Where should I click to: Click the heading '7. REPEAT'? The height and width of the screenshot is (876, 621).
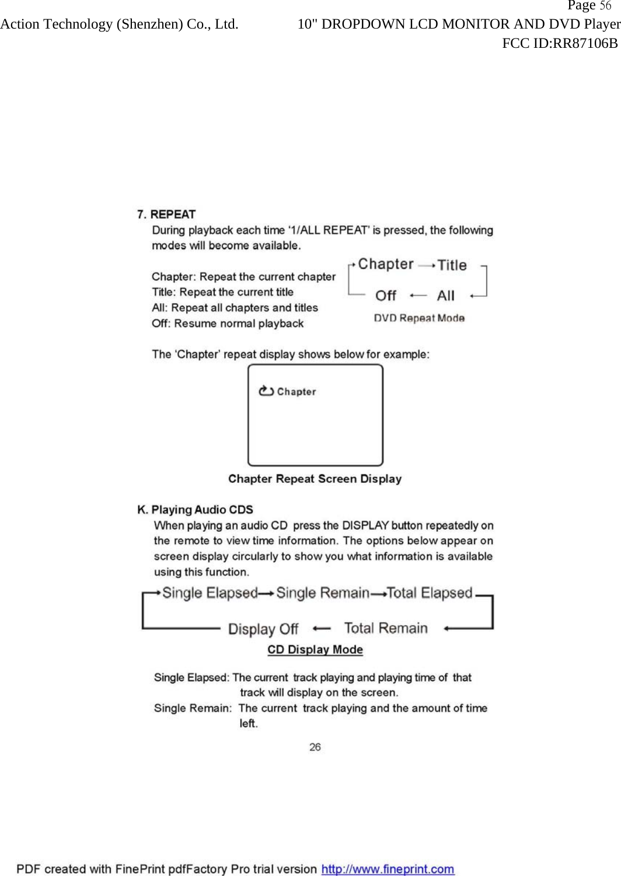pos(166,214)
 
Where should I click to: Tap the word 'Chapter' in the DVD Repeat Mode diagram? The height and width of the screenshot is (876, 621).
pos(386,264)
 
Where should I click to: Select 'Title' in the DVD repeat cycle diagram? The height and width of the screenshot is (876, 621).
pos(452,265)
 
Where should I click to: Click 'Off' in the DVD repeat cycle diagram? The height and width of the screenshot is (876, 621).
pos(386,296)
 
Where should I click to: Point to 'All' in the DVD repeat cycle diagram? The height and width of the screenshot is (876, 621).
pos(446,296)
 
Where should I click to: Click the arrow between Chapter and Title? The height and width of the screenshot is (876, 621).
pos(427,265)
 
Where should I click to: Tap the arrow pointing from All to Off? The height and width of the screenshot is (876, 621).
pos(418,296)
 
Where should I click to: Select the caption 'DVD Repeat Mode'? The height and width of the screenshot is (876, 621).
pos(419,318)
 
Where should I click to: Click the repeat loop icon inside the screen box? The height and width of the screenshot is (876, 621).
pos(266,391)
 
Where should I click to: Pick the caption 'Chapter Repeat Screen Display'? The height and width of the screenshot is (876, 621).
pos(315,479)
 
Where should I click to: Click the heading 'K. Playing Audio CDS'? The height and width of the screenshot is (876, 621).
pos(195,509)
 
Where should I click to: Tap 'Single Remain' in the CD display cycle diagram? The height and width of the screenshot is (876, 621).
pos(323,593)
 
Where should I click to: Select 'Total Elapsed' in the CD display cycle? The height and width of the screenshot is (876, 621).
pos(430,593)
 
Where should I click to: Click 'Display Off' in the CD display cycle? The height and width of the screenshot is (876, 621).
pos(263,629)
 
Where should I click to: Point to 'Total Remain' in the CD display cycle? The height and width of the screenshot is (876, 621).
pos(386,628)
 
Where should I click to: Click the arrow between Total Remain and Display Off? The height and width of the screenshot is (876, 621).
pos(322,628)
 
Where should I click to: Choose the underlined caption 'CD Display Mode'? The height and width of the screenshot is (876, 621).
pos(315,650)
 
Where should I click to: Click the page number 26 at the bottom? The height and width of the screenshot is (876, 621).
pos(315,747)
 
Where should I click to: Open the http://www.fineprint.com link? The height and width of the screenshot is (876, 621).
pos(388,869)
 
